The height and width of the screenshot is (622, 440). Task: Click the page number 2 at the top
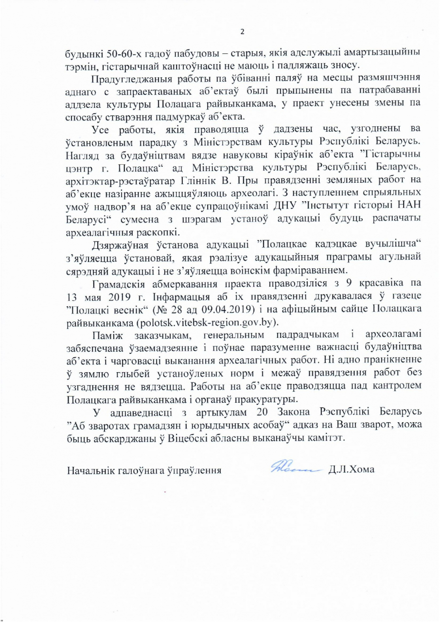point(242,33)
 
